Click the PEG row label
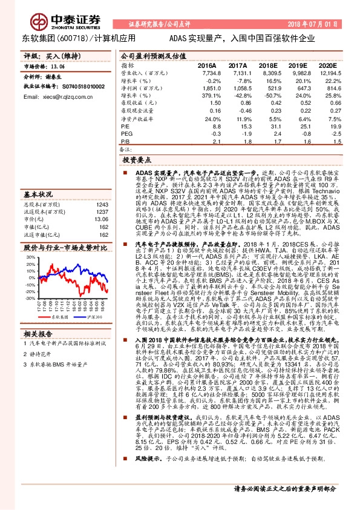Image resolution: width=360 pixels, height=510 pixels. click(x=126, y=134)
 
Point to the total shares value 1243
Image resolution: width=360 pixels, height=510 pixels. click(x=103, y=188)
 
